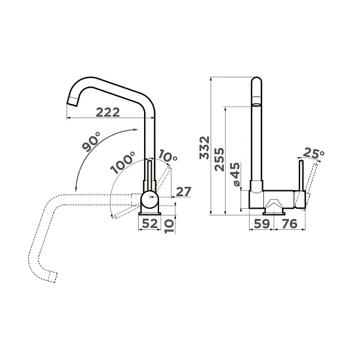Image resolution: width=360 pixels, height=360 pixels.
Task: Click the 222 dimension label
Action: pyautogui.click(x=107, y=113)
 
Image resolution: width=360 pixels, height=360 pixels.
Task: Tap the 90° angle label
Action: pyautogui.click(x=91, y=142)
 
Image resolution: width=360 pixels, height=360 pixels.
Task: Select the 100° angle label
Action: pyautogui.click(x=122, y=163)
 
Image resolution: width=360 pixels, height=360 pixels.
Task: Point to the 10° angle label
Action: pyautogui.click(x=168, y=155)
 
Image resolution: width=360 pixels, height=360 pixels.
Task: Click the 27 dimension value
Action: pyautogui.click(x=184, y=192)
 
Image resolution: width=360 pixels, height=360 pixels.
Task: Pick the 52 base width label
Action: pyautogui.click(x=150, y=223)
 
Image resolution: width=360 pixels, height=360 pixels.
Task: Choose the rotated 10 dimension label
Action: pyautogui.click(x=169, y=226)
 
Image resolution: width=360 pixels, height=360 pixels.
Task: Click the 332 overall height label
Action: pyautogui.click(x=205, y=148)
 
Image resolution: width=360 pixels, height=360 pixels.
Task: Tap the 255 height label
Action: pyautogui.click(x=219, y=160)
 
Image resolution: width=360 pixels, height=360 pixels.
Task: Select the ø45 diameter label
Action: pyautogui.click(x=235, y=175)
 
